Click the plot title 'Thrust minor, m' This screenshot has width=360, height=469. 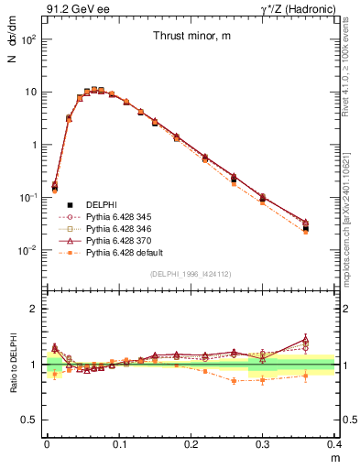(191, 36)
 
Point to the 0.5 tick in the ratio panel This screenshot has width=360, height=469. (34, 420)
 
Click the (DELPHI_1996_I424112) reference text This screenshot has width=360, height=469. (190, 274)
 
